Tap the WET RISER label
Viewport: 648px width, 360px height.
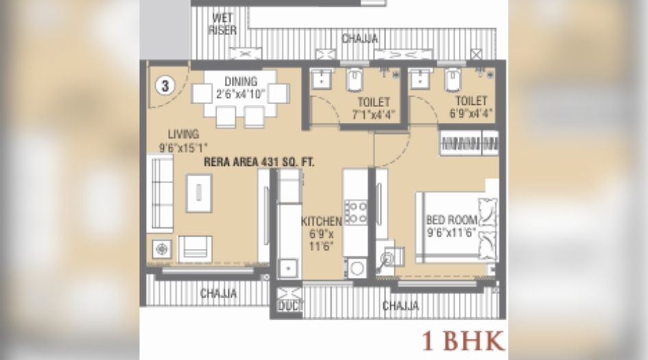tap(223, 25)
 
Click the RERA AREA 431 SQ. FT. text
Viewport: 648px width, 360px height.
tap(259, 163)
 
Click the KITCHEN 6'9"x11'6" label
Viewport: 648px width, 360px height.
tap(321, 233)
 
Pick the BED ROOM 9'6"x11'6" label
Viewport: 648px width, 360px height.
tap(451, 226)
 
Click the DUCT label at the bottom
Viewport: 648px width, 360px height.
tap(289, 307)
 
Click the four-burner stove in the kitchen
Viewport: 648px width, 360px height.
tap(355, 211)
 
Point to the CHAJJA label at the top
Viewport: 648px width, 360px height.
tap(359, 38)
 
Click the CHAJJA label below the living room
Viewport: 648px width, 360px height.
tap(218, 293)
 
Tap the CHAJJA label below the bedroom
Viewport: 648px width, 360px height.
tap(400, 306)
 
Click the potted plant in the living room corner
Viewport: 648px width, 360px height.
tap(162, 248)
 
